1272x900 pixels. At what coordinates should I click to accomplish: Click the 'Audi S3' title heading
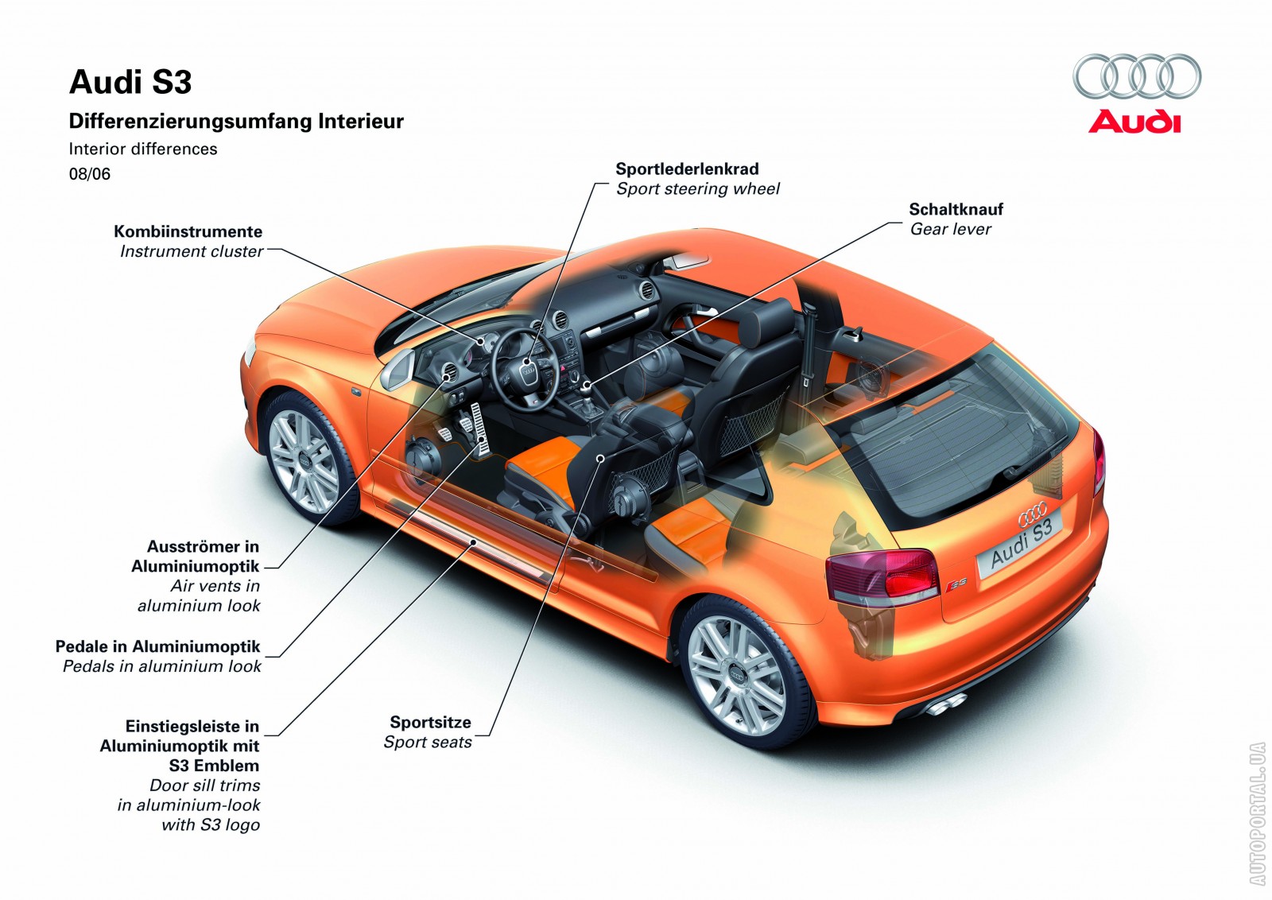tap(130, 83)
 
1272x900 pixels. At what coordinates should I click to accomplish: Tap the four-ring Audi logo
tap(1137, 77)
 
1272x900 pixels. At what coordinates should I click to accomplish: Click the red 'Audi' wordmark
tap(1134, 122)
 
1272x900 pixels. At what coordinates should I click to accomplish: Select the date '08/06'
tap(90, 174)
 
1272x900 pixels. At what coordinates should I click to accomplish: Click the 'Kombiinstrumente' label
tap(188, 231)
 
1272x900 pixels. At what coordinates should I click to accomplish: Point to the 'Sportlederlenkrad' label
tap(687, 169)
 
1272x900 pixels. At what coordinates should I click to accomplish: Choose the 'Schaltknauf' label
tap(956, 209)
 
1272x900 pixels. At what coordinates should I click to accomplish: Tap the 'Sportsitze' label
tap(430, 722)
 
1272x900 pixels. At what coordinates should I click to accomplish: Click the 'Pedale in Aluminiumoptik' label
tap(157, 646)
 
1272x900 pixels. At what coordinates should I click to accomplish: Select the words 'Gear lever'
tap(950, 229)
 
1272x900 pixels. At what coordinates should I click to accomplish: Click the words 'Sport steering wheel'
tap(697, 188)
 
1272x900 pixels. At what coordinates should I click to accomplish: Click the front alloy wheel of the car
tap(303, 460)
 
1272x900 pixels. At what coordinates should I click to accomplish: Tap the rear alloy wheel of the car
tap(736, 675)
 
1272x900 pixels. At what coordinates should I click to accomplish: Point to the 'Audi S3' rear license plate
tap(1022, 541)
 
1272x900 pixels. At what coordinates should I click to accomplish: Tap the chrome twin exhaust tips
tap(946, 703)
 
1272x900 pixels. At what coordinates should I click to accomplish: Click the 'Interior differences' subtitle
tap(143, 149)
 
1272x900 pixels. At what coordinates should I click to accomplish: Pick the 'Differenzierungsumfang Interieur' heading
tap(236, 122)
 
